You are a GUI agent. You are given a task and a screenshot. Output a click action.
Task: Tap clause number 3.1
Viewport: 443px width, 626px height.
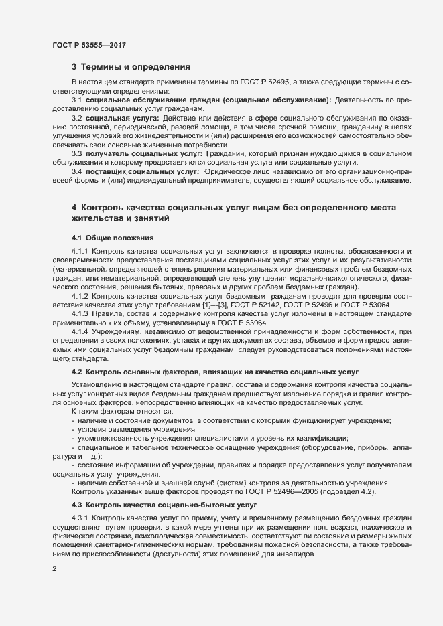coord(78,100)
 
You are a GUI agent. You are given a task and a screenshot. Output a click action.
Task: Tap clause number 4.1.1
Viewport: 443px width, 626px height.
coord(80,251)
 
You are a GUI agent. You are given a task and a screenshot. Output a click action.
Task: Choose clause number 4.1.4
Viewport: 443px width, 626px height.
coord(80,331)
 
